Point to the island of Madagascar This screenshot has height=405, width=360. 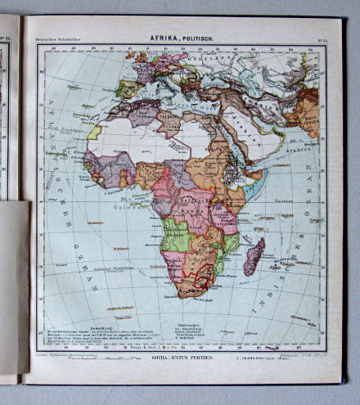point(255,256)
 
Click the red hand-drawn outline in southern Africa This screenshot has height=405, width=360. point(200,274)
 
